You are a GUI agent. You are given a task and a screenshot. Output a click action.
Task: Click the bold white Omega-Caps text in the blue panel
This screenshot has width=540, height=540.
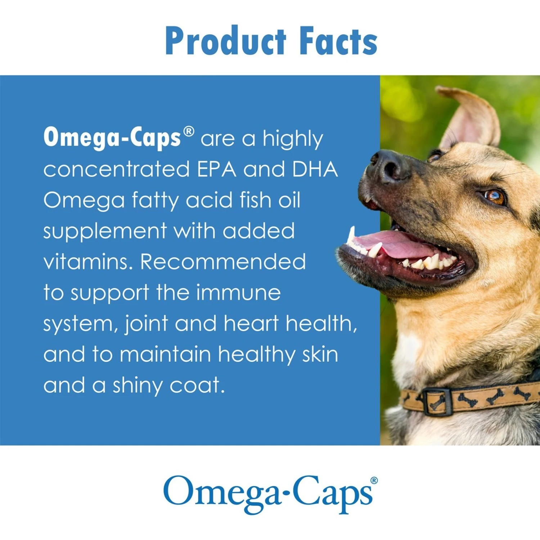pyautogui.click(x=112, y=138)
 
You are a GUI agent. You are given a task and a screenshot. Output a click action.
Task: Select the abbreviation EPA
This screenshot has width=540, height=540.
pyautogui.click(x=216, y=169)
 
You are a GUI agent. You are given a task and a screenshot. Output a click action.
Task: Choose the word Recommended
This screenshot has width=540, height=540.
pyautogui.click(x=223, y=261)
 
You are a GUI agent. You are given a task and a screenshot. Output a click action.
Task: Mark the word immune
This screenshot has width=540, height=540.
pyautogui.click(x=238, y=292)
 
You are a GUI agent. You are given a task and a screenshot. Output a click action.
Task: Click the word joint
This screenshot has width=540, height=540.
pyautogui.click(x=146, y=323)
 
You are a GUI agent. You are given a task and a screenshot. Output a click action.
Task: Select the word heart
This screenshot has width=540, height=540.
pyautogui.click(x=251, y=323)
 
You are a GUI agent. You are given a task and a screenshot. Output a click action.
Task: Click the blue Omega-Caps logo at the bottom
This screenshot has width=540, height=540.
pyautogui.click(x=268, y=493)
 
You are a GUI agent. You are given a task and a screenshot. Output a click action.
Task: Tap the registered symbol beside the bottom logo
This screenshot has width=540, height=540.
pyautogui.click(x=374, y=480)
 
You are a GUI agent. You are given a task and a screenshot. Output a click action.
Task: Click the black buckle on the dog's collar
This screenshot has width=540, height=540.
pyautogui.click(x=437, y=401)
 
